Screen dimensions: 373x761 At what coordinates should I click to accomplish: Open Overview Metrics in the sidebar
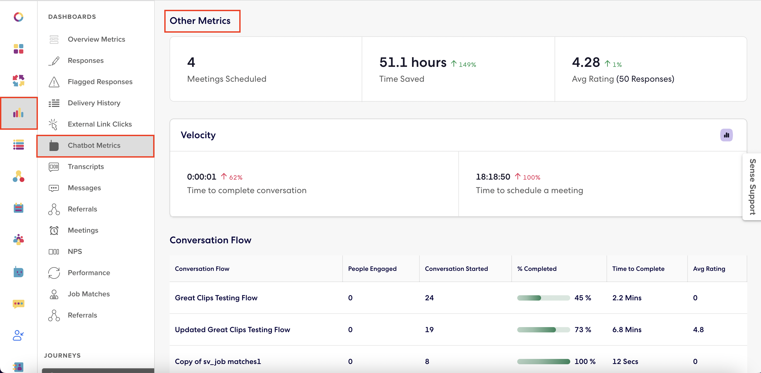tap(96, 39)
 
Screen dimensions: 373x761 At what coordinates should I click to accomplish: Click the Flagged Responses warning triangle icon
tap(54, 82)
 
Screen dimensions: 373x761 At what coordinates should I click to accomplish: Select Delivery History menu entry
tap(94, 103)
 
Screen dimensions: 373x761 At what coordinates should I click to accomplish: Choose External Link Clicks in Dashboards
tap(100, 124)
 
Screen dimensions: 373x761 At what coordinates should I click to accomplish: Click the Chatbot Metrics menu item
tap(94, 146)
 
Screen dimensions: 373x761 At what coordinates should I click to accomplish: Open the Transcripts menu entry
tap(86, 167)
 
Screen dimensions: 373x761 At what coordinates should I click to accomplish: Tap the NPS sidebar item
tap(75, 252)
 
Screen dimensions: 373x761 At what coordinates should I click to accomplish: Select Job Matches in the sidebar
tap(89, 294)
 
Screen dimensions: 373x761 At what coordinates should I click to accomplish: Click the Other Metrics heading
tap(200, 21)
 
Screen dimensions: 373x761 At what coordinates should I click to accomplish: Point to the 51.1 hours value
tap(413, 62)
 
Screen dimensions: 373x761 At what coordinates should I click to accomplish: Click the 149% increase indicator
tap(464, 64)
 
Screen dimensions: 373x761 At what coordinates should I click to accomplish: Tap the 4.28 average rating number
tap(586, 62)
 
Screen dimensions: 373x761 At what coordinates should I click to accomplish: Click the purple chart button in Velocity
tap(726, 135)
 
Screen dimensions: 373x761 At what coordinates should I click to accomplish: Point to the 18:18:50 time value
tap(493, 177)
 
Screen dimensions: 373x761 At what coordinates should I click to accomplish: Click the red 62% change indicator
tap(232, 177)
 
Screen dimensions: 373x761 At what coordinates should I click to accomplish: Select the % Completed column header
tap(537, 269)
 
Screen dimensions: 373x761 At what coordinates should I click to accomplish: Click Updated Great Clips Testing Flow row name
tap(232, 330)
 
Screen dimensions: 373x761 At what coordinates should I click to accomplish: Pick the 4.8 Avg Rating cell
tap(698, 330)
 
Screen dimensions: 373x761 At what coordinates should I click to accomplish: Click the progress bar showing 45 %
tap(543, 298)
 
